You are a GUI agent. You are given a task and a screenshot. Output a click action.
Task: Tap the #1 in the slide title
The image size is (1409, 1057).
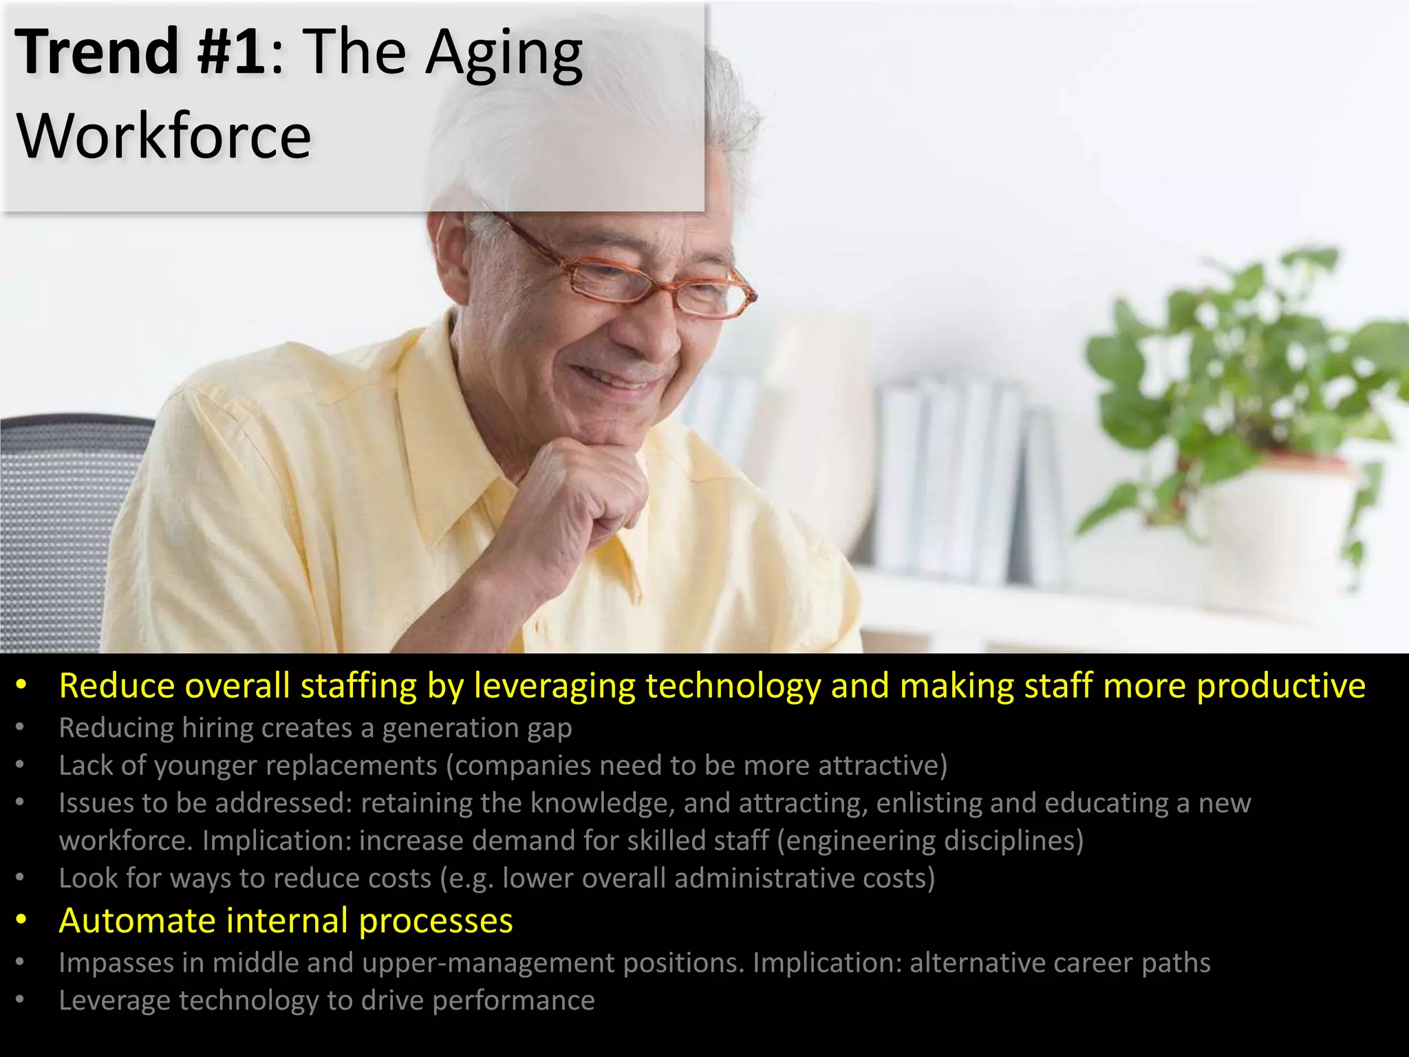230,52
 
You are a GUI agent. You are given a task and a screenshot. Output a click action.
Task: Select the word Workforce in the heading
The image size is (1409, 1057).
164,136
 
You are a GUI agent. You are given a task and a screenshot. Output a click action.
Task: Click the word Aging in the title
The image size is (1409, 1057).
504,55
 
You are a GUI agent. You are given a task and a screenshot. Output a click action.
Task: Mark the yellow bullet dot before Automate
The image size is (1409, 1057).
22,920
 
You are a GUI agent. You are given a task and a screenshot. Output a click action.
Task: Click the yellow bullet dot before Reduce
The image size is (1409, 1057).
22,685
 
